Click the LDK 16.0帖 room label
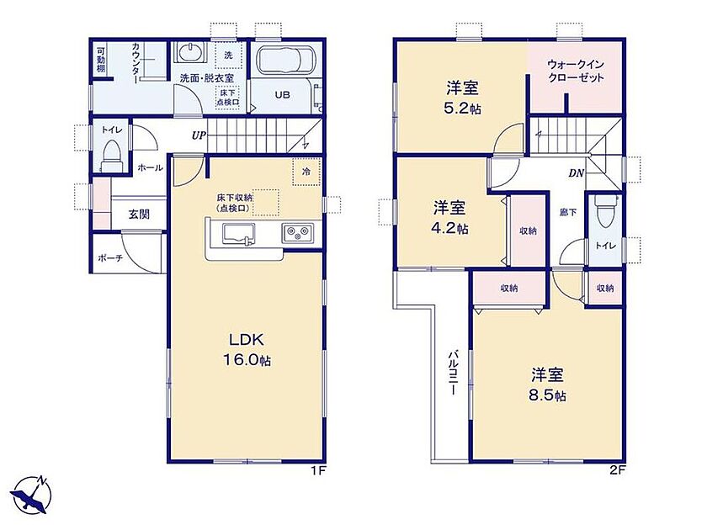point(246,349)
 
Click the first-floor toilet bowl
point(111,155)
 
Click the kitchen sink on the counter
point(238,235)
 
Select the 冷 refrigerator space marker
point(306,172)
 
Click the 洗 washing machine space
point(229,55)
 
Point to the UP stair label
point(199,135)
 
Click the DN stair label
point(576,173)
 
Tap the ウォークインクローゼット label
point(576,72)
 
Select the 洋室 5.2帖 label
point(463,98)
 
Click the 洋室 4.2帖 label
point(449,218)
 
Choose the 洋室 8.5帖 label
point(547,384)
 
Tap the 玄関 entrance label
point(139,214)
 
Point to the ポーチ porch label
point(110,258)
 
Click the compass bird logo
point(30,496)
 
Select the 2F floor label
point(618,471)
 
